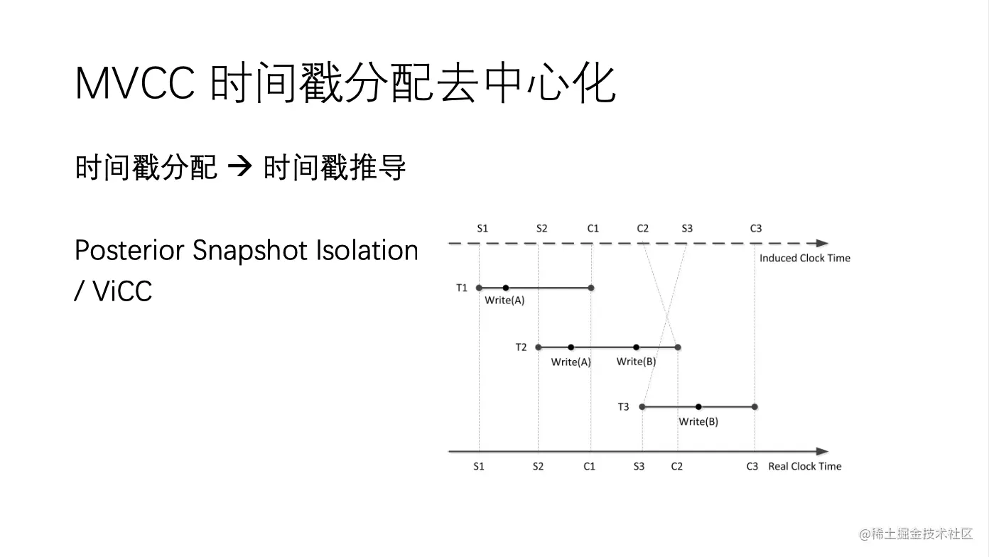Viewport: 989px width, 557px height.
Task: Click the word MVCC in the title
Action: click(135, 83)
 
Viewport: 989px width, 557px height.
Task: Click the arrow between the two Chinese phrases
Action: click(239, 167)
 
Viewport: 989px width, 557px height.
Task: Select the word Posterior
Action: click(129, 251)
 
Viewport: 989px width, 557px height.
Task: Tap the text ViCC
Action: click(122, 291)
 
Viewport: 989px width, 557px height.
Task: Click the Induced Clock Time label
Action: click(804, 258)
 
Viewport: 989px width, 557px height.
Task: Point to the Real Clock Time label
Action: click(804, 467)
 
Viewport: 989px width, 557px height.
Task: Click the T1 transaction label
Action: click(461, 288)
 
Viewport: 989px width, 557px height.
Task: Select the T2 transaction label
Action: click(521, 347)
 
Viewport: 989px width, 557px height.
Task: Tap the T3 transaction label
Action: click(623, 407)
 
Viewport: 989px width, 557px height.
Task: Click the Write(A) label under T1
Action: click(504, 301)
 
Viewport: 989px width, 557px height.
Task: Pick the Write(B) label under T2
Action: click(636, 362)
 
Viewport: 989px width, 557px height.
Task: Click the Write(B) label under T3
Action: click(698, 422)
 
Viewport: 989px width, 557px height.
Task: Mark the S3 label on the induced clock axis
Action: click(687, 229)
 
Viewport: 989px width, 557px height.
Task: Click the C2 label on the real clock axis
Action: click(677, 467)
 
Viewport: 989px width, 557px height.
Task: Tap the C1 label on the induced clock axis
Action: click(593, 229)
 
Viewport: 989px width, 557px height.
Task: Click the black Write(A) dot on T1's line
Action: click(506, 288)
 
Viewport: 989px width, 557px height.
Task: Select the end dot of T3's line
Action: click(755, 407)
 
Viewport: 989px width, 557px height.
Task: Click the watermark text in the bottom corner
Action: click(916, 534)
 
